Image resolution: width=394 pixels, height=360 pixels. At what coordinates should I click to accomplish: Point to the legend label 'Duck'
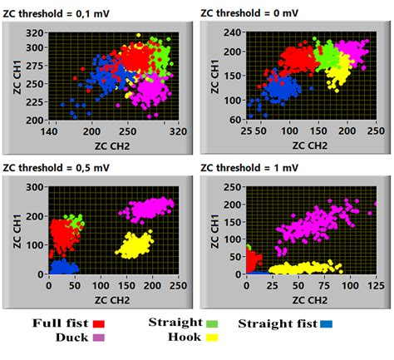point(71,338)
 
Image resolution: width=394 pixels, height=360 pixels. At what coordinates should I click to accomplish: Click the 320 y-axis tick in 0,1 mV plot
point(36,32)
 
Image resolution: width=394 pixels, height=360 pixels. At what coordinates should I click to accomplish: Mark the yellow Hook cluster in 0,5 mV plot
point(135,245)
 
